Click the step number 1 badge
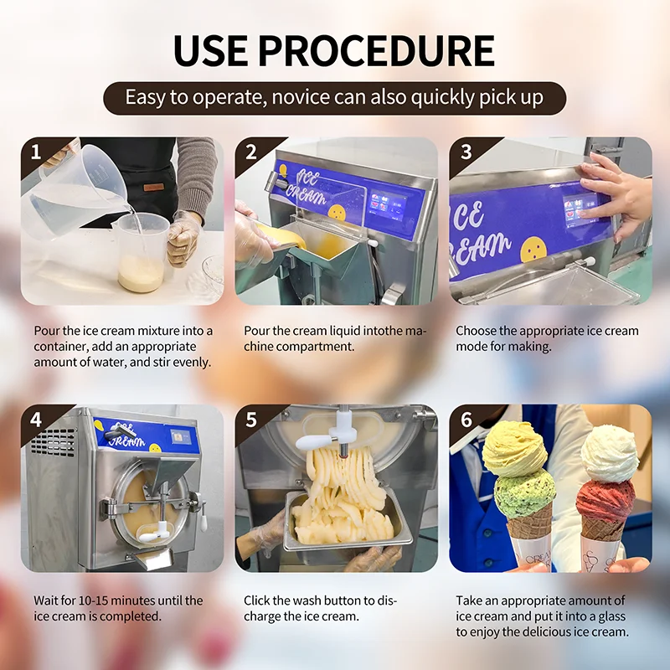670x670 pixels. [x=35, y=152]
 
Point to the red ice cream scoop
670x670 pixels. [x=605, y=499]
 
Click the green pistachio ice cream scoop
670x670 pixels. [x=524, y=492]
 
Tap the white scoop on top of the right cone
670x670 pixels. [x=610, y=453]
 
